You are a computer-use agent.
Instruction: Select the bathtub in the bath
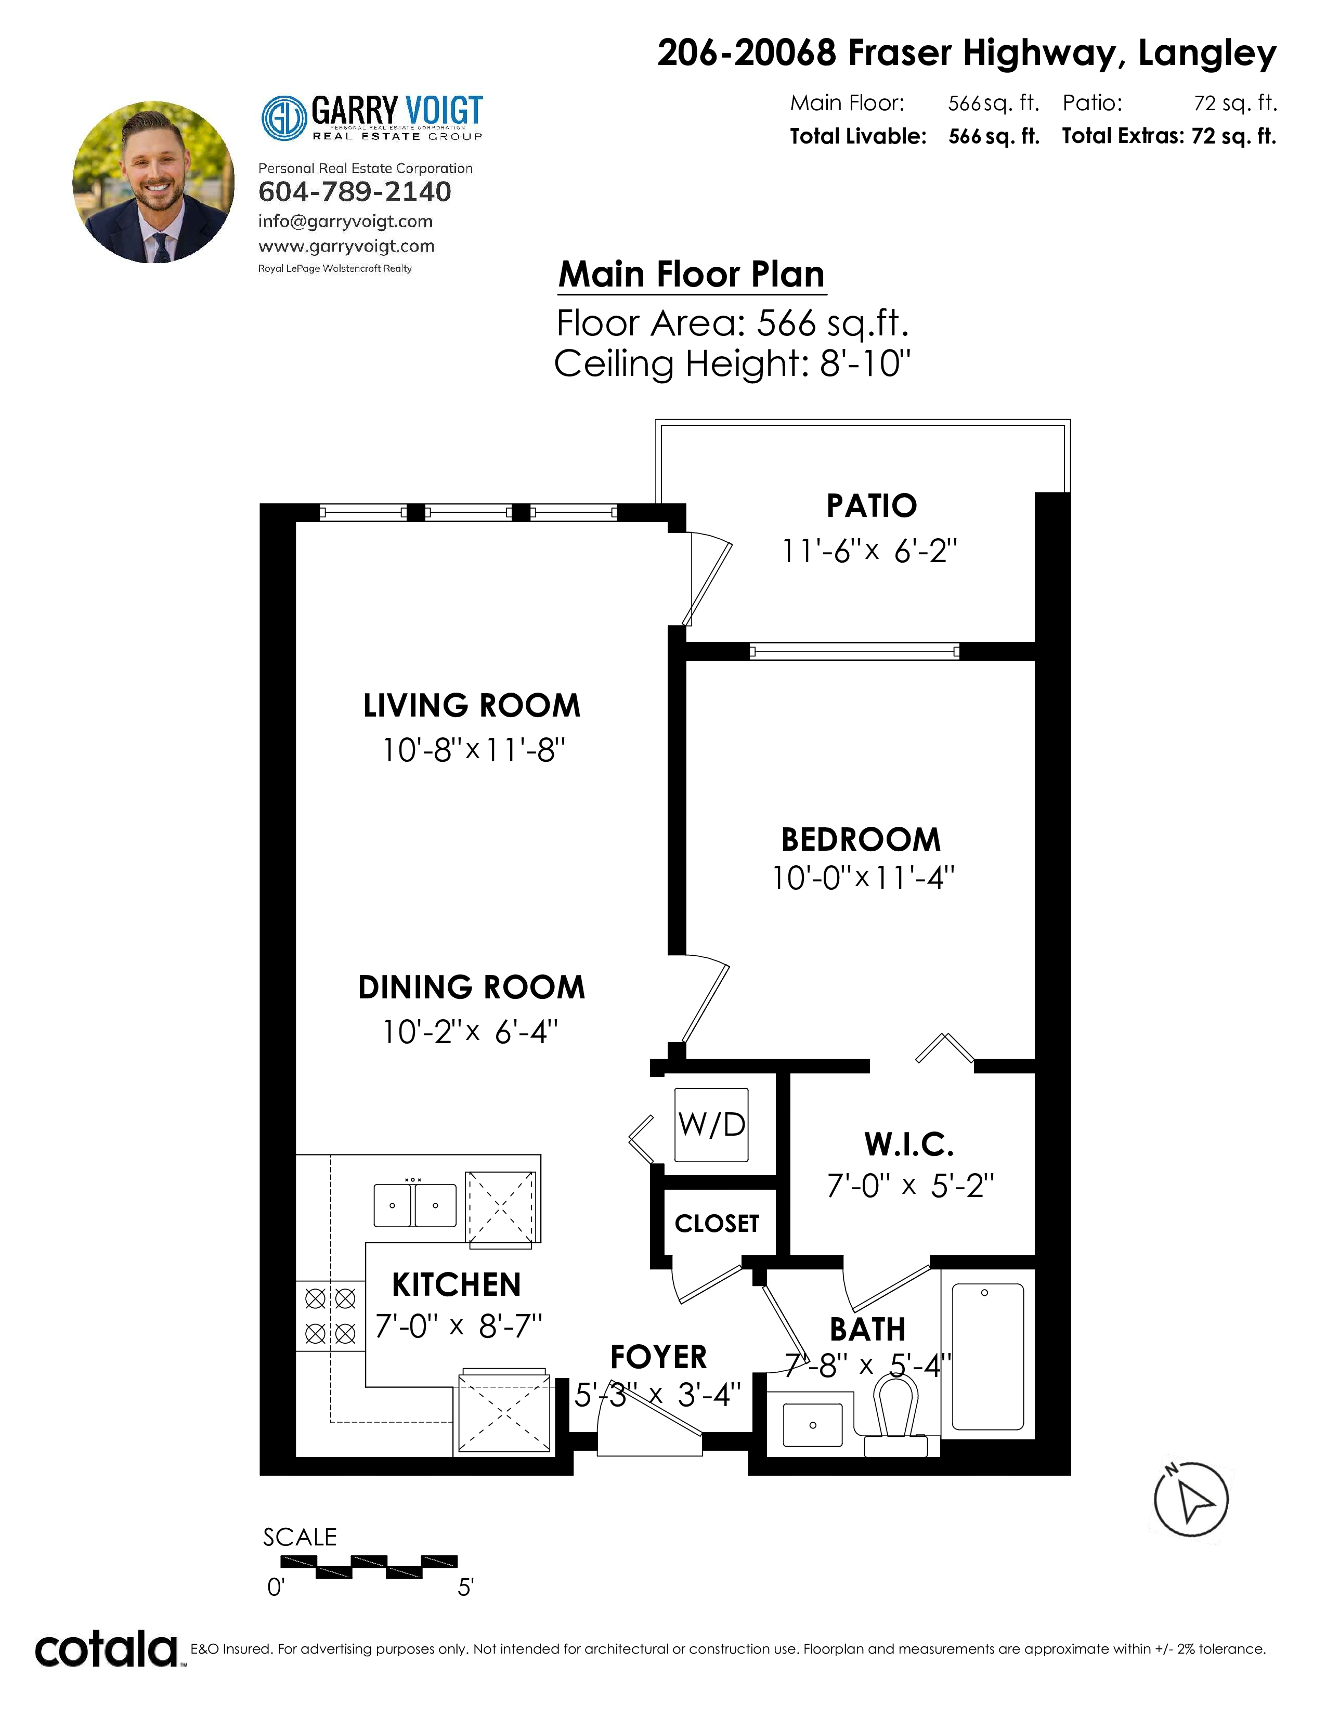click(987, 1356)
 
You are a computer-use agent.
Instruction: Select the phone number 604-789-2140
click(355, 192)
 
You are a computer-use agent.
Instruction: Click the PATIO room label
click(871, 505)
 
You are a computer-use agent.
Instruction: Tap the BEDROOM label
click(861, 839)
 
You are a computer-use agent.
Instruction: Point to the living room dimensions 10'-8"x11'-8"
click(474, 749)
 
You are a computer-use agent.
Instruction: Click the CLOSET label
click(717, 1224)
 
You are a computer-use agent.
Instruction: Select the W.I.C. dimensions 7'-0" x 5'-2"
click(911, 1185)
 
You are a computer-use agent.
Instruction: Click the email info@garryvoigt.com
click(346, 222)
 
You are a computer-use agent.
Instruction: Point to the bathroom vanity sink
click(812, 1424)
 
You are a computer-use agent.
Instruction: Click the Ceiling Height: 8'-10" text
click(732, 364)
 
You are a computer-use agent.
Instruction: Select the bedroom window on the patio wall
click(855, 651)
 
